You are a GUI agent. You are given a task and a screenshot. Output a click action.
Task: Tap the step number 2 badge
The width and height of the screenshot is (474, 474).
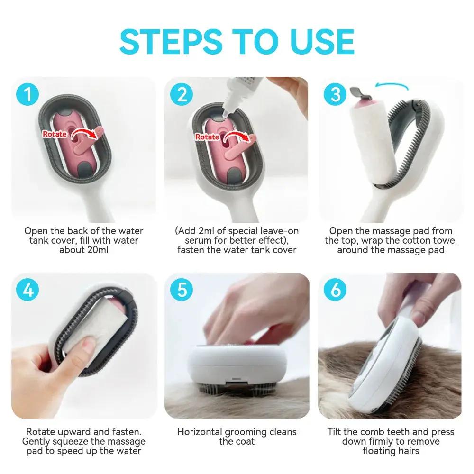[182, 95]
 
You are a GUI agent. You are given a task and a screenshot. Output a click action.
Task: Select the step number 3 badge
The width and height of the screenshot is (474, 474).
[335, 94]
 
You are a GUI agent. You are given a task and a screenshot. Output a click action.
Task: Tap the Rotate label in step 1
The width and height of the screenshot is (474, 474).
[55, 134]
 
